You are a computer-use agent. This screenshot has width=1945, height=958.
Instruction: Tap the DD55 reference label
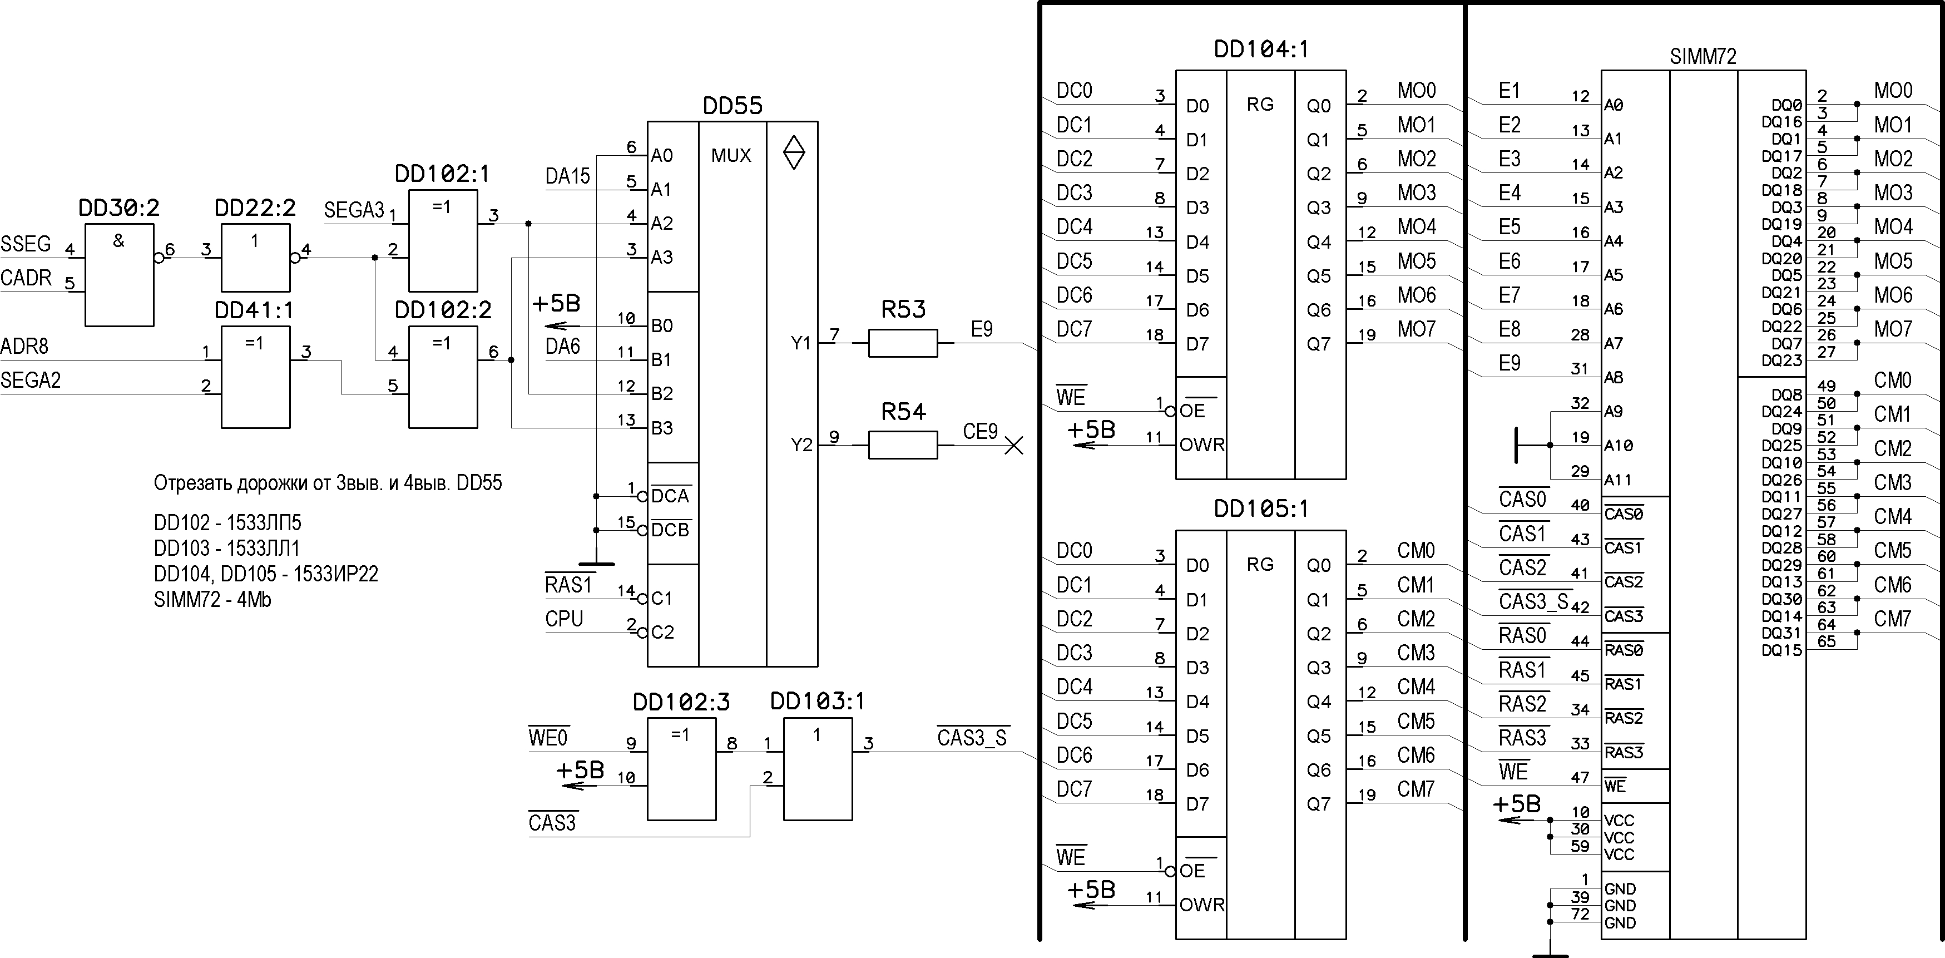click(x=733, y=106)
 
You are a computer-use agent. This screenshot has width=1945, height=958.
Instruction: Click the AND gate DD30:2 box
click(x=119, y=275)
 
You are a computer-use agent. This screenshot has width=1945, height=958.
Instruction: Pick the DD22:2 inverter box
click(x=255, y=258)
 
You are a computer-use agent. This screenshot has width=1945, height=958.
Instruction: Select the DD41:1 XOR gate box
click(x=255, y=377)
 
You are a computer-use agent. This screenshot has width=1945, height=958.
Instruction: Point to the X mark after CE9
click(x=1014, y=446)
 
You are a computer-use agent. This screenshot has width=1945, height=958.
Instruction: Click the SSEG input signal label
click(x=26, y=244)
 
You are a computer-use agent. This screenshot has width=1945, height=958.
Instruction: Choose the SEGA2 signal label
click(x=30, y=380)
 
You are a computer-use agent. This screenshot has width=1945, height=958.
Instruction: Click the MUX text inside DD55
click(x=731, y=156)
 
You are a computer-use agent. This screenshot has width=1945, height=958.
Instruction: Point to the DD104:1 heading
click(x=1260, y=49)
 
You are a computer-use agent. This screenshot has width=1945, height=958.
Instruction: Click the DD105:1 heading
click(x=1260, y=509)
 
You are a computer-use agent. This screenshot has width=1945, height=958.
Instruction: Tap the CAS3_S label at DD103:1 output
click(x=972, y=737)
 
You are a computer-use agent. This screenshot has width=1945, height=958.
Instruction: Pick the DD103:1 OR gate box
click(x=818, y=769)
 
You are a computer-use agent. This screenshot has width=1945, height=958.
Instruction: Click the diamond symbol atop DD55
click(x=794, y=152)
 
